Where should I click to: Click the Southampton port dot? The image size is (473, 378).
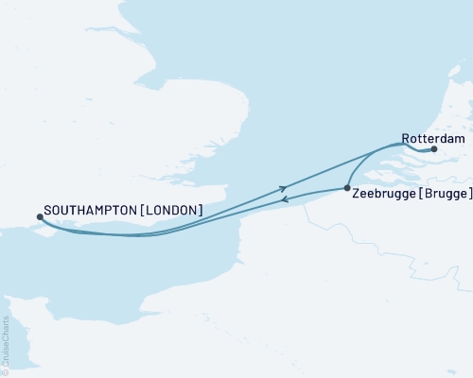39,216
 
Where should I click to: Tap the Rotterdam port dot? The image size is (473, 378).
434,149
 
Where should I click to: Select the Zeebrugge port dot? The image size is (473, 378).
347,188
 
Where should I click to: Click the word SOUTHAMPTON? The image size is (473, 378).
89,211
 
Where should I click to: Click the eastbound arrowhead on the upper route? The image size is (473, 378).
283,188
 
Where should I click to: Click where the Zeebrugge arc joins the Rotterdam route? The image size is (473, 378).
395,144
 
